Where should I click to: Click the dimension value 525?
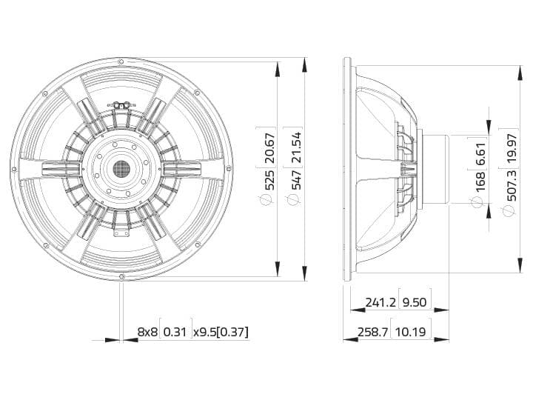[x=269, y=180]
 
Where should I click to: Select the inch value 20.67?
[x=269, y=147]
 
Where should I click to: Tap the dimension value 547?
[x=295, y=180]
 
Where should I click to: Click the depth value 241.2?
[x=381, y=302]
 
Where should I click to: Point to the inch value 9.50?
[x=415, y=302]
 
